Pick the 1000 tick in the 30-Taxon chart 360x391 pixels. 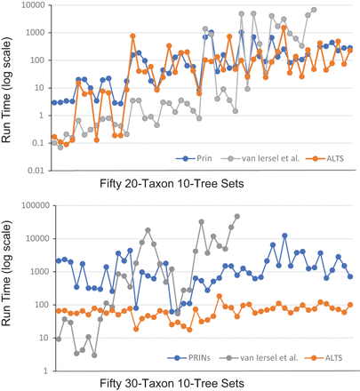point(34,271)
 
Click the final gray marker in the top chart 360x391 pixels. point(314,11)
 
